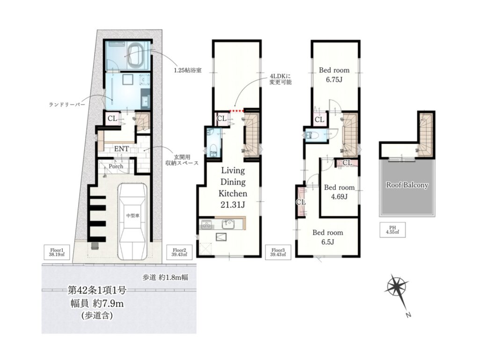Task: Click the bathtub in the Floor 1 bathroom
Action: click(138, 57)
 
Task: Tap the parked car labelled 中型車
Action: click(132, 221)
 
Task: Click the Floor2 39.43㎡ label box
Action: click(179, 252)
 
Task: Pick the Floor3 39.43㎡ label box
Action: click(279, 252)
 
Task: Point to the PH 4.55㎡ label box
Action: click(392, 230)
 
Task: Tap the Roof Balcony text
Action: click(407, 185)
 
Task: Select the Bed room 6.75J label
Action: click(334, 75)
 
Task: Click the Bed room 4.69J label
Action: click(340, 192)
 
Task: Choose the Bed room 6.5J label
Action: click(328, 237)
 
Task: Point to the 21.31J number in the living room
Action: click(233, 205)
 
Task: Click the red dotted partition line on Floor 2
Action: click(237, 110)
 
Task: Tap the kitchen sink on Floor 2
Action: click(228, 225)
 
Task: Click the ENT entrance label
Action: click(121, 149)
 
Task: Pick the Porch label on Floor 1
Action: click(116, 166)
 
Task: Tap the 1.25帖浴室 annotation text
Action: click(188, 70)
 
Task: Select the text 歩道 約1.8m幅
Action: click(165, 278)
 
